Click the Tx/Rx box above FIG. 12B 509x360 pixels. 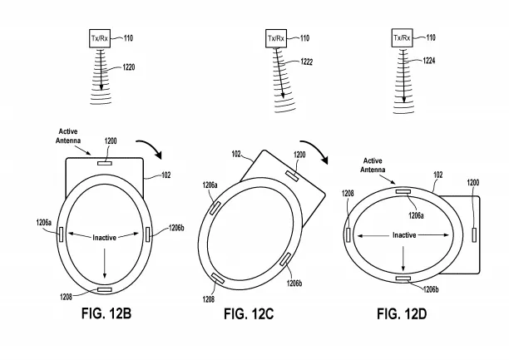pyautogui.click(x=101, y=39)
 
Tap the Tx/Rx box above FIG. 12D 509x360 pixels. pyautogui.click(x=403, y=39)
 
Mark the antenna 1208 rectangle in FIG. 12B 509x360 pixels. pyautogui.click(x=104, y=289)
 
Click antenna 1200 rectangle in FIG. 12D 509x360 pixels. pyautogui.click(x=475, y=234)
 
